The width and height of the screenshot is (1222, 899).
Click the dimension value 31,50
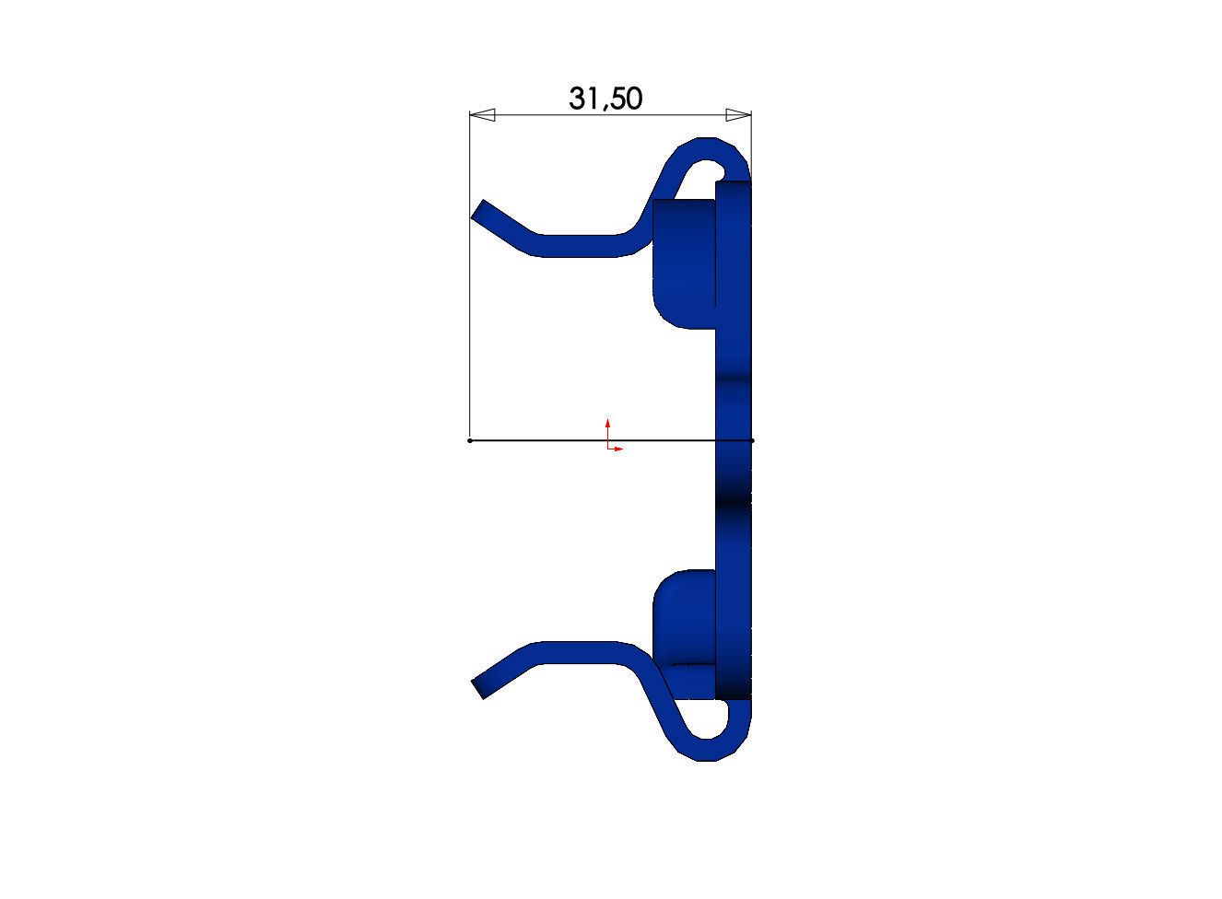click(605, 98)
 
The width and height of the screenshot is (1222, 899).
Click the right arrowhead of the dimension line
click(738, 115)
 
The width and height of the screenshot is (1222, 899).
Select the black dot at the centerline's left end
click(470, 440)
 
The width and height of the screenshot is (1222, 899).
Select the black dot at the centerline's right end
click(752, 440)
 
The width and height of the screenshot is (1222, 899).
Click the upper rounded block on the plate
click(683, 263)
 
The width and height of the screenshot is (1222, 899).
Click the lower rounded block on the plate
click(683, 617)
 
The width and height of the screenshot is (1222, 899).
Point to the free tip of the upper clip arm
click(480, 213)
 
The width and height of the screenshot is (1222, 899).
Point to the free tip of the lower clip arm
click(479, 688)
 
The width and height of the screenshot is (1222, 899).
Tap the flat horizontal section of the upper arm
click(581, 245)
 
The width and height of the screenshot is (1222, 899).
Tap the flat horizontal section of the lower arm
click(581, 652)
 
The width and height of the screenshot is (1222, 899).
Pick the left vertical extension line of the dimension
click(470, 276)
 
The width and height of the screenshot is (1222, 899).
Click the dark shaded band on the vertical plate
click(734, 502)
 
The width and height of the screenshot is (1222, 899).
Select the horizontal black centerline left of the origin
click(535, 440)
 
